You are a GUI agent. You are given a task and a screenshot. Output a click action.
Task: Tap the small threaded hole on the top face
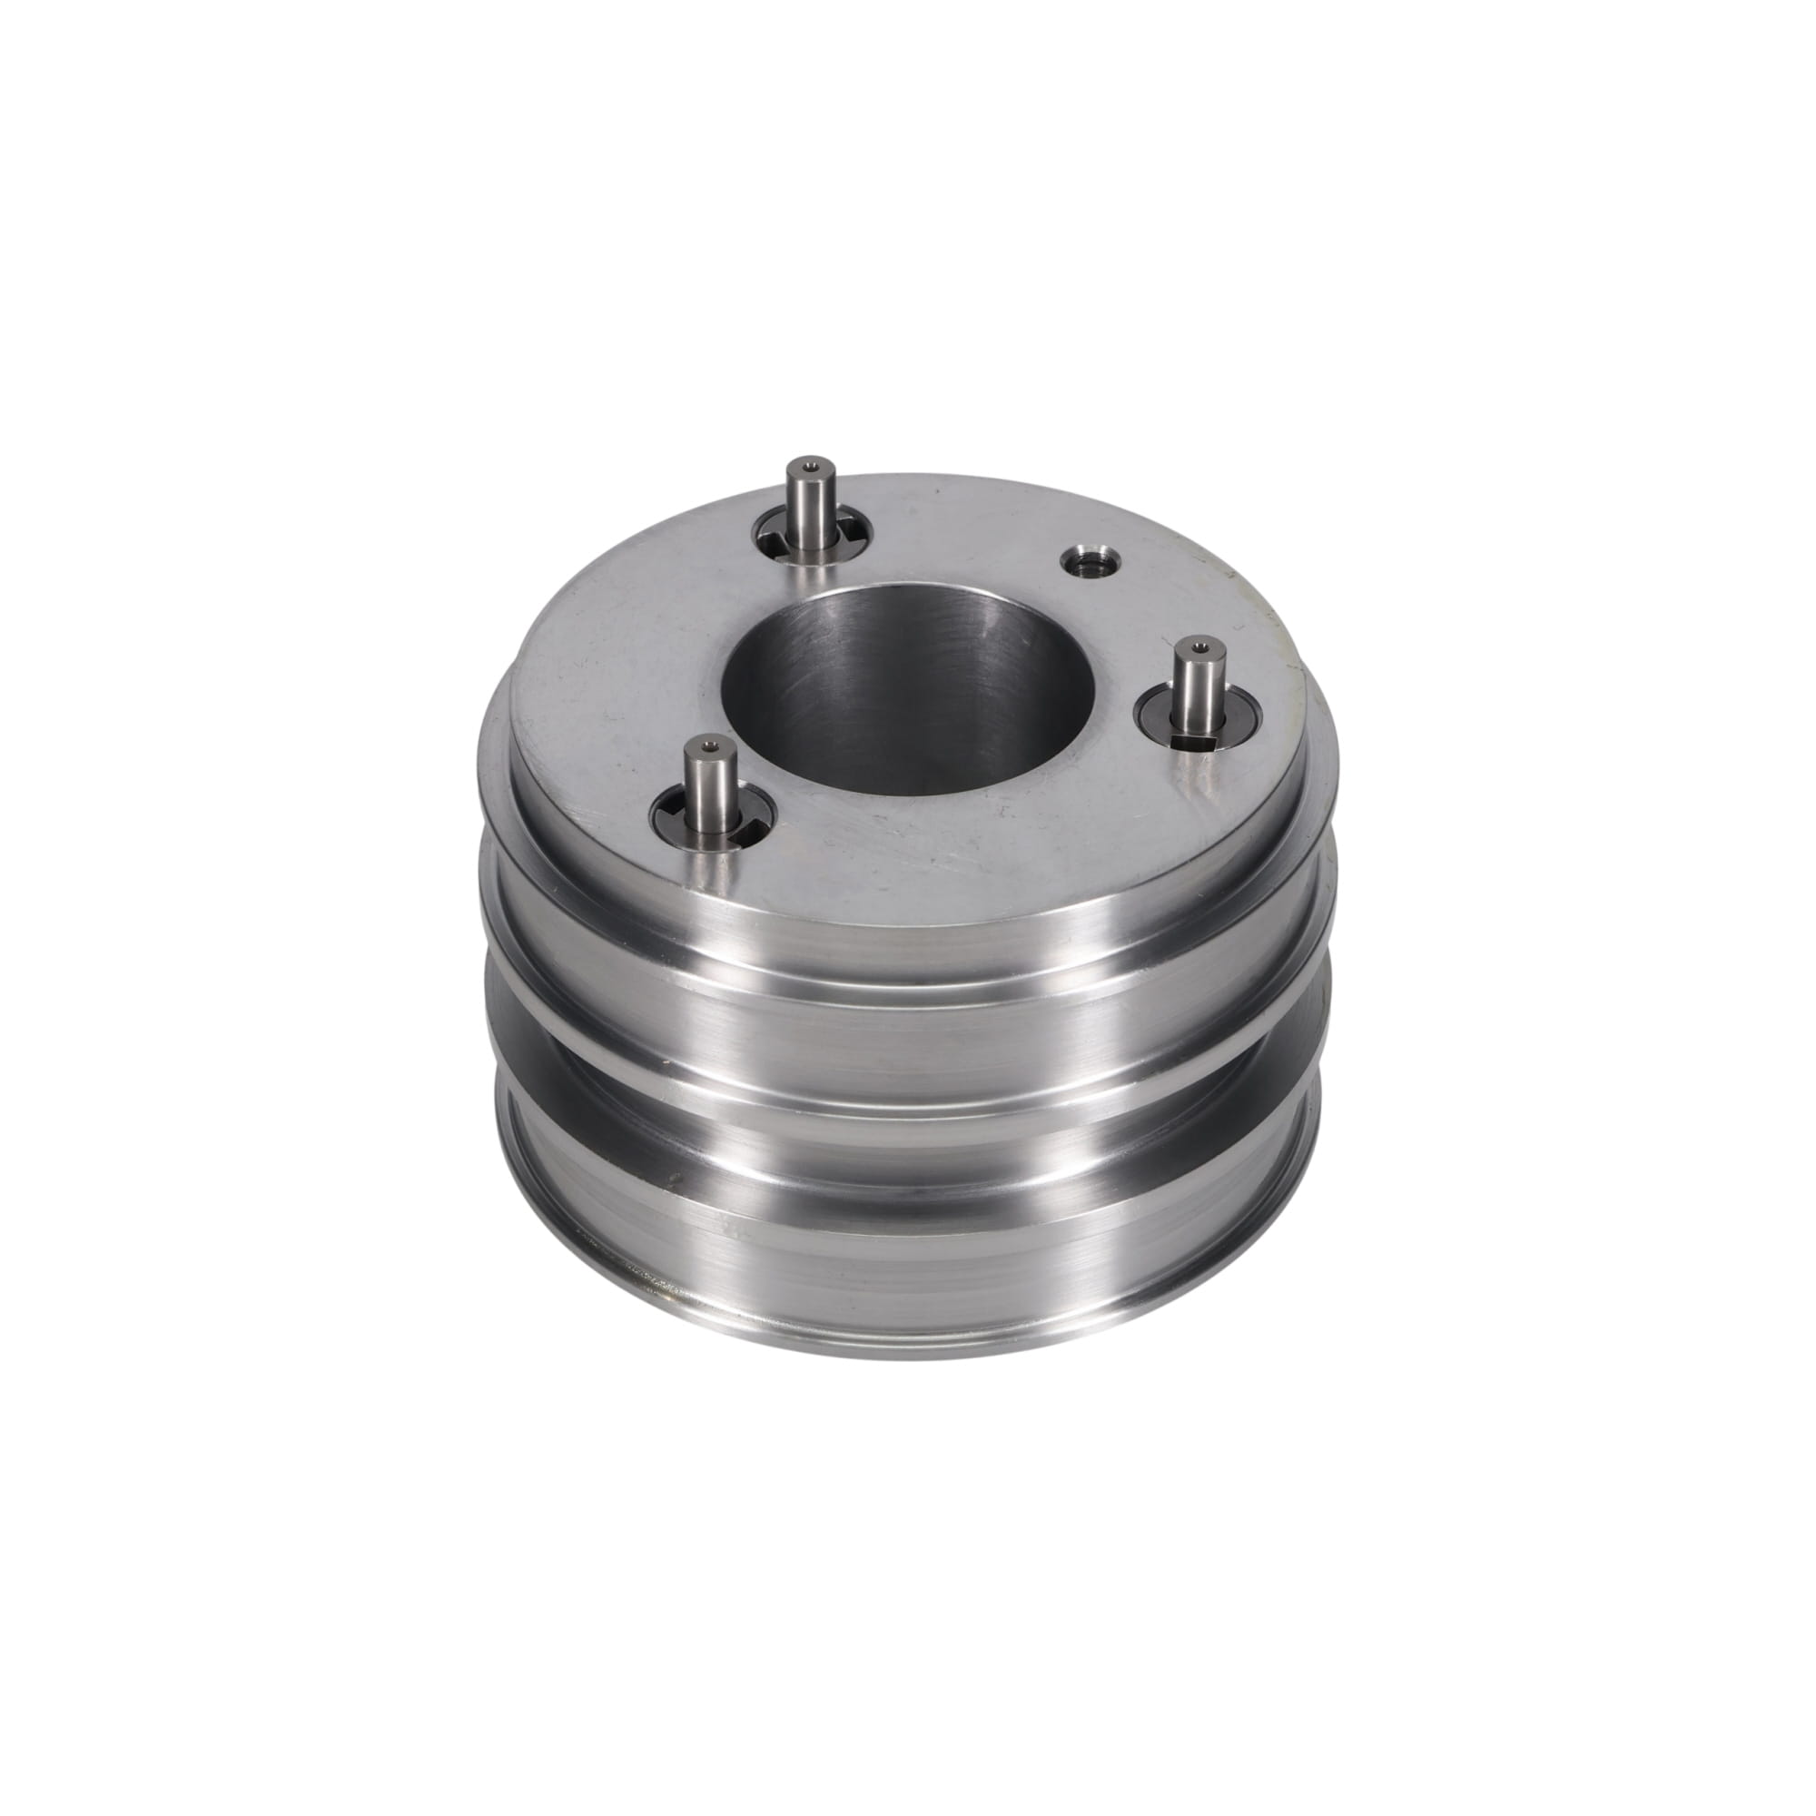[1088, 563]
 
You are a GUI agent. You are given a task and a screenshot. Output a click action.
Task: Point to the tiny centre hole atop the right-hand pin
[1199, 646]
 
